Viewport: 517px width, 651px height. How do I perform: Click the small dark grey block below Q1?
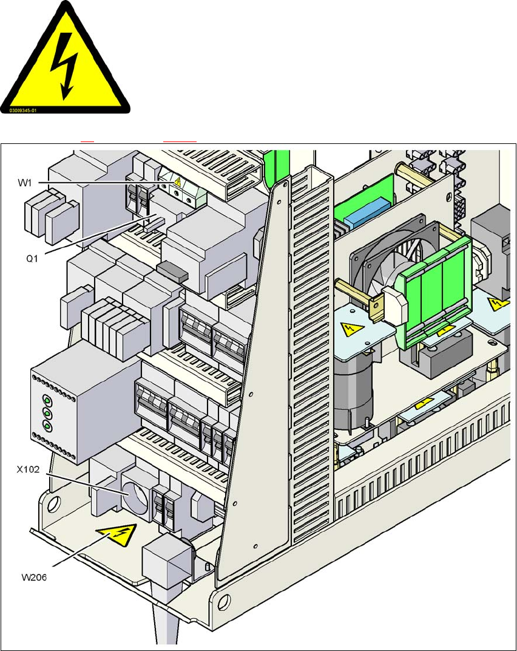point(172,271)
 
